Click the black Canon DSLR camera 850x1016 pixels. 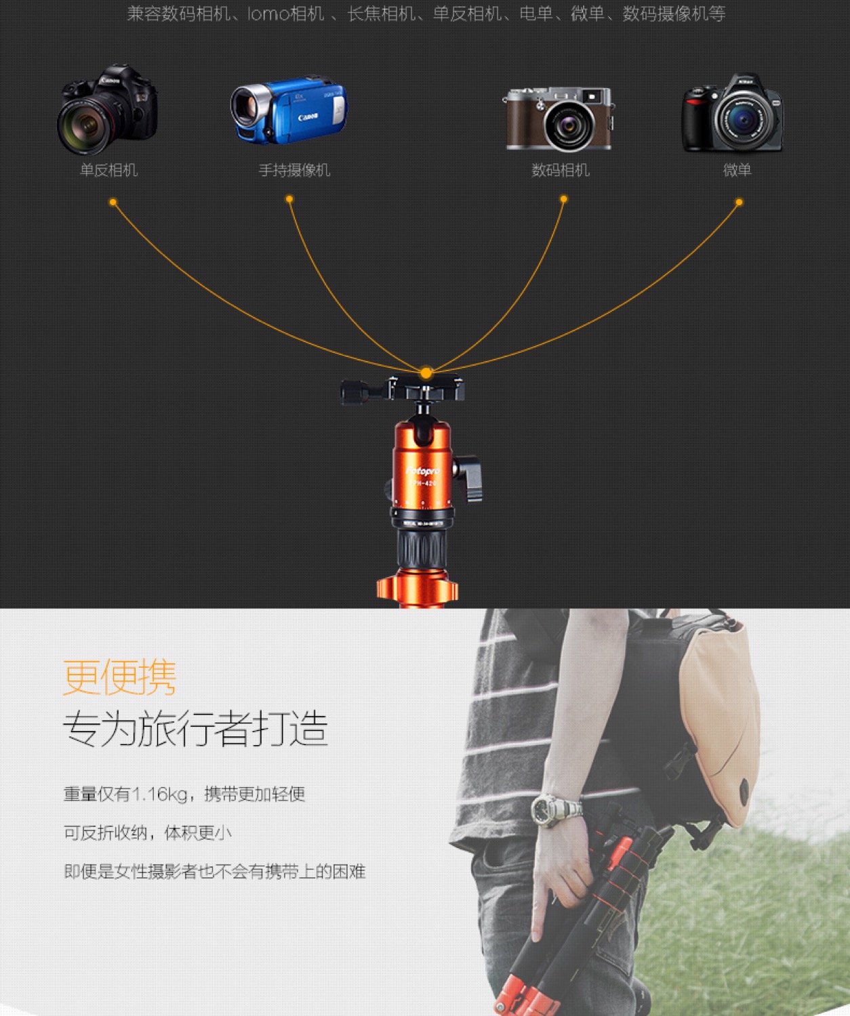coord(108,110)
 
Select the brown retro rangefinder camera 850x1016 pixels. coord(559,119)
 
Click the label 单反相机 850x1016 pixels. coord(108,170)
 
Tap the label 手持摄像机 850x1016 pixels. coord(295,170)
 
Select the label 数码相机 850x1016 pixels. coord(561,170)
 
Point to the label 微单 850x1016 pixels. coord(737,170)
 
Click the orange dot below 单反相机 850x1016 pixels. coord(113,202)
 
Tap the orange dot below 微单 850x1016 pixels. coord(740,202)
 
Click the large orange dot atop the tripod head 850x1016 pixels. coord(426,373)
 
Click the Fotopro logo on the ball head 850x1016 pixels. coord(423,471)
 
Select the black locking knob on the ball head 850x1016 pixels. coord(468,478)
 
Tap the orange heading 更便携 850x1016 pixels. coord(119,677)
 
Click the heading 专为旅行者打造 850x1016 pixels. coord(195,728)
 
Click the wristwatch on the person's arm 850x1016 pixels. coord(556,809)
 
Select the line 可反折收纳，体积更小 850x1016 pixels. coord(148,833)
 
